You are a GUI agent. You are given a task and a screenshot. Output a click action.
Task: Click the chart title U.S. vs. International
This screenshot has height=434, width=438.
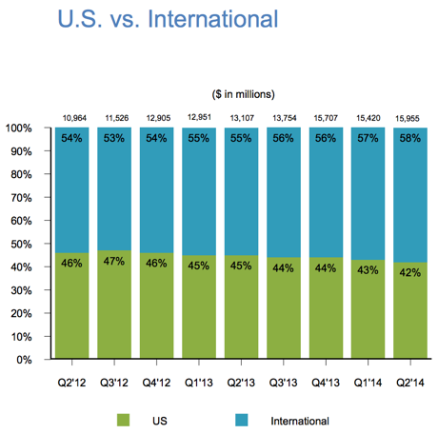(x=168, y=19)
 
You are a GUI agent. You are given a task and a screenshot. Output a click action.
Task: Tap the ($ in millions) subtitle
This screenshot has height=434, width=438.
(x=243, y=94)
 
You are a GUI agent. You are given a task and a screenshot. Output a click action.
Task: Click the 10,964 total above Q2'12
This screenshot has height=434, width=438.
(x=74, y=118)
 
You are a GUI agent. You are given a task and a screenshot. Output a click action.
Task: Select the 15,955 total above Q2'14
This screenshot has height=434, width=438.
(x=408, y=119)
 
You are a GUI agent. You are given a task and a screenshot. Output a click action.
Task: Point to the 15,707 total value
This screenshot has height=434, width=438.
(x=326, y=118)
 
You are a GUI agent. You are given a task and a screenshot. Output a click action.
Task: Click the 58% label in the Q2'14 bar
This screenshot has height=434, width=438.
(x=410, y=138)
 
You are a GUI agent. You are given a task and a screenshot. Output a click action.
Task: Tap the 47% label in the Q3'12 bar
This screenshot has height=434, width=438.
(x=114, y=261)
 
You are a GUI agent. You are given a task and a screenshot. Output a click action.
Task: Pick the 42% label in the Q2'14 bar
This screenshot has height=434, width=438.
(x=410, y=272)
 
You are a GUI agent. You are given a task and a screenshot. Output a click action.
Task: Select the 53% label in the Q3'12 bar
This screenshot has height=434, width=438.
(x=114, y=138)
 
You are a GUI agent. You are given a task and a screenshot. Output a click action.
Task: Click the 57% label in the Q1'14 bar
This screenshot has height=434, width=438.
(x=368, y=138)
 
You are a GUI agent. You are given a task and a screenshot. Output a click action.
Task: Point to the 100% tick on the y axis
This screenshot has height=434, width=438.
(x=18, y=128)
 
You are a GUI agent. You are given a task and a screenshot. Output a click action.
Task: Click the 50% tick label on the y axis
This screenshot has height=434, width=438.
(x=21, y=245)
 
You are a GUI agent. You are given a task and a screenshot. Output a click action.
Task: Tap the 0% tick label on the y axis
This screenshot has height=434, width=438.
(x=24, y=360)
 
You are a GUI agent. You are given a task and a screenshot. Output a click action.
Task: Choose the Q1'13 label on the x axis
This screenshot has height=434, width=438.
(x=199, y=383)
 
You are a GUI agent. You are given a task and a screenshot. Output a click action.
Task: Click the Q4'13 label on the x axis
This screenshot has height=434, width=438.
(x=326, y=383)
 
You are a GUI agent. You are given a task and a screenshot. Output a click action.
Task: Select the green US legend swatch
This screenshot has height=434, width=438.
(x=123, y=420)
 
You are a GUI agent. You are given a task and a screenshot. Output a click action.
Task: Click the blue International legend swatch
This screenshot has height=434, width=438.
(x=242, y=420)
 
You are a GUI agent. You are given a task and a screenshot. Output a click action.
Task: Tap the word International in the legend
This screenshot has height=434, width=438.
(x=300, y=421)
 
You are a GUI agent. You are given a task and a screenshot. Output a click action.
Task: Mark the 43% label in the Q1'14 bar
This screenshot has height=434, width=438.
(x=368, y=270)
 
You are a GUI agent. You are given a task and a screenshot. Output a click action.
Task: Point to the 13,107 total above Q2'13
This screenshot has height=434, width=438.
(x=242, y=118)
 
